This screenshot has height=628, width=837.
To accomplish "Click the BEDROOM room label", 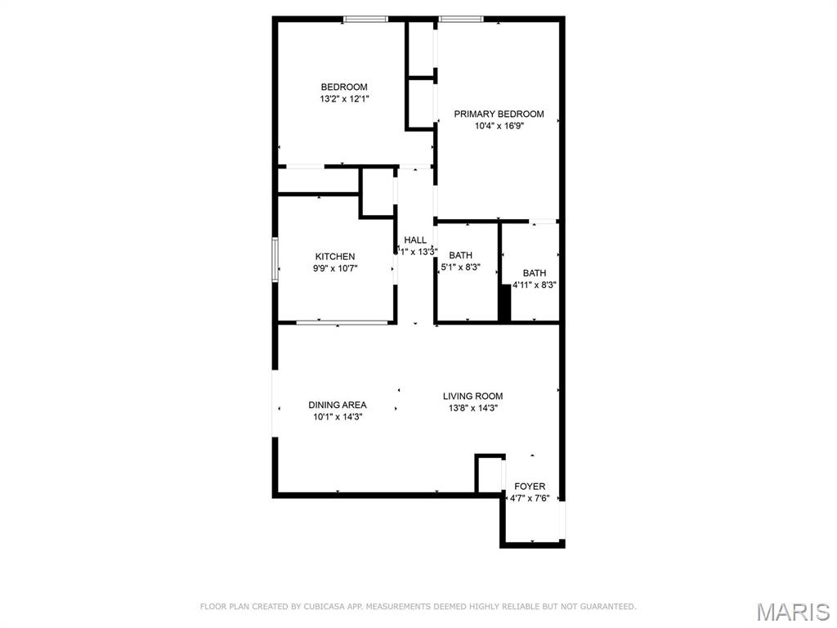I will [x=343, y=87].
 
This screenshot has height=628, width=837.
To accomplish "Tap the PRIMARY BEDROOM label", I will [x=499, y=114].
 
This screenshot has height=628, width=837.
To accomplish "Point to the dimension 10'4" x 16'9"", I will [x=499, y=126].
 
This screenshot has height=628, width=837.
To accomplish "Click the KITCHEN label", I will [x=335, y=256].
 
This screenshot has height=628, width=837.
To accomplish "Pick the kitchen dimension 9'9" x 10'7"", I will [x=335, y=267].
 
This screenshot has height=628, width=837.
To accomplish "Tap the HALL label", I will [x=415, y=240].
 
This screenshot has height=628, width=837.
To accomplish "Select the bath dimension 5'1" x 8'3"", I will [x=460, y=267].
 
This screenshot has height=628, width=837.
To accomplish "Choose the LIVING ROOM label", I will [x=472, y=396].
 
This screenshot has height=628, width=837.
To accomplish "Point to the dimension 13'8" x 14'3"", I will [x=472, y=407].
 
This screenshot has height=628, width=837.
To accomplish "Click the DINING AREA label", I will [x=337, y=405].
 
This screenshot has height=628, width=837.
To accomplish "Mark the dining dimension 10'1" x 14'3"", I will [x=337, y=416].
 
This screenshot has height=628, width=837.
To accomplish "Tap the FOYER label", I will [x=530, y=487].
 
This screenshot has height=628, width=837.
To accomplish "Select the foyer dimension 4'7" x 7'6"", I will [x=530, y=498].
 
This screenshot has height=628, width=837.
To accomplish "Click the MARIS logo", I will [x=792, y=612].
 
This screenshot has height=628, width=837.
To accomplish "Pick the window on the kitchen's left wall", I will [x=275, y=259].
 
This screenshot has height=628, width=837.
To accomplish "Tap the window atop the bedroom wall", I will [x=365, y=19].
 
